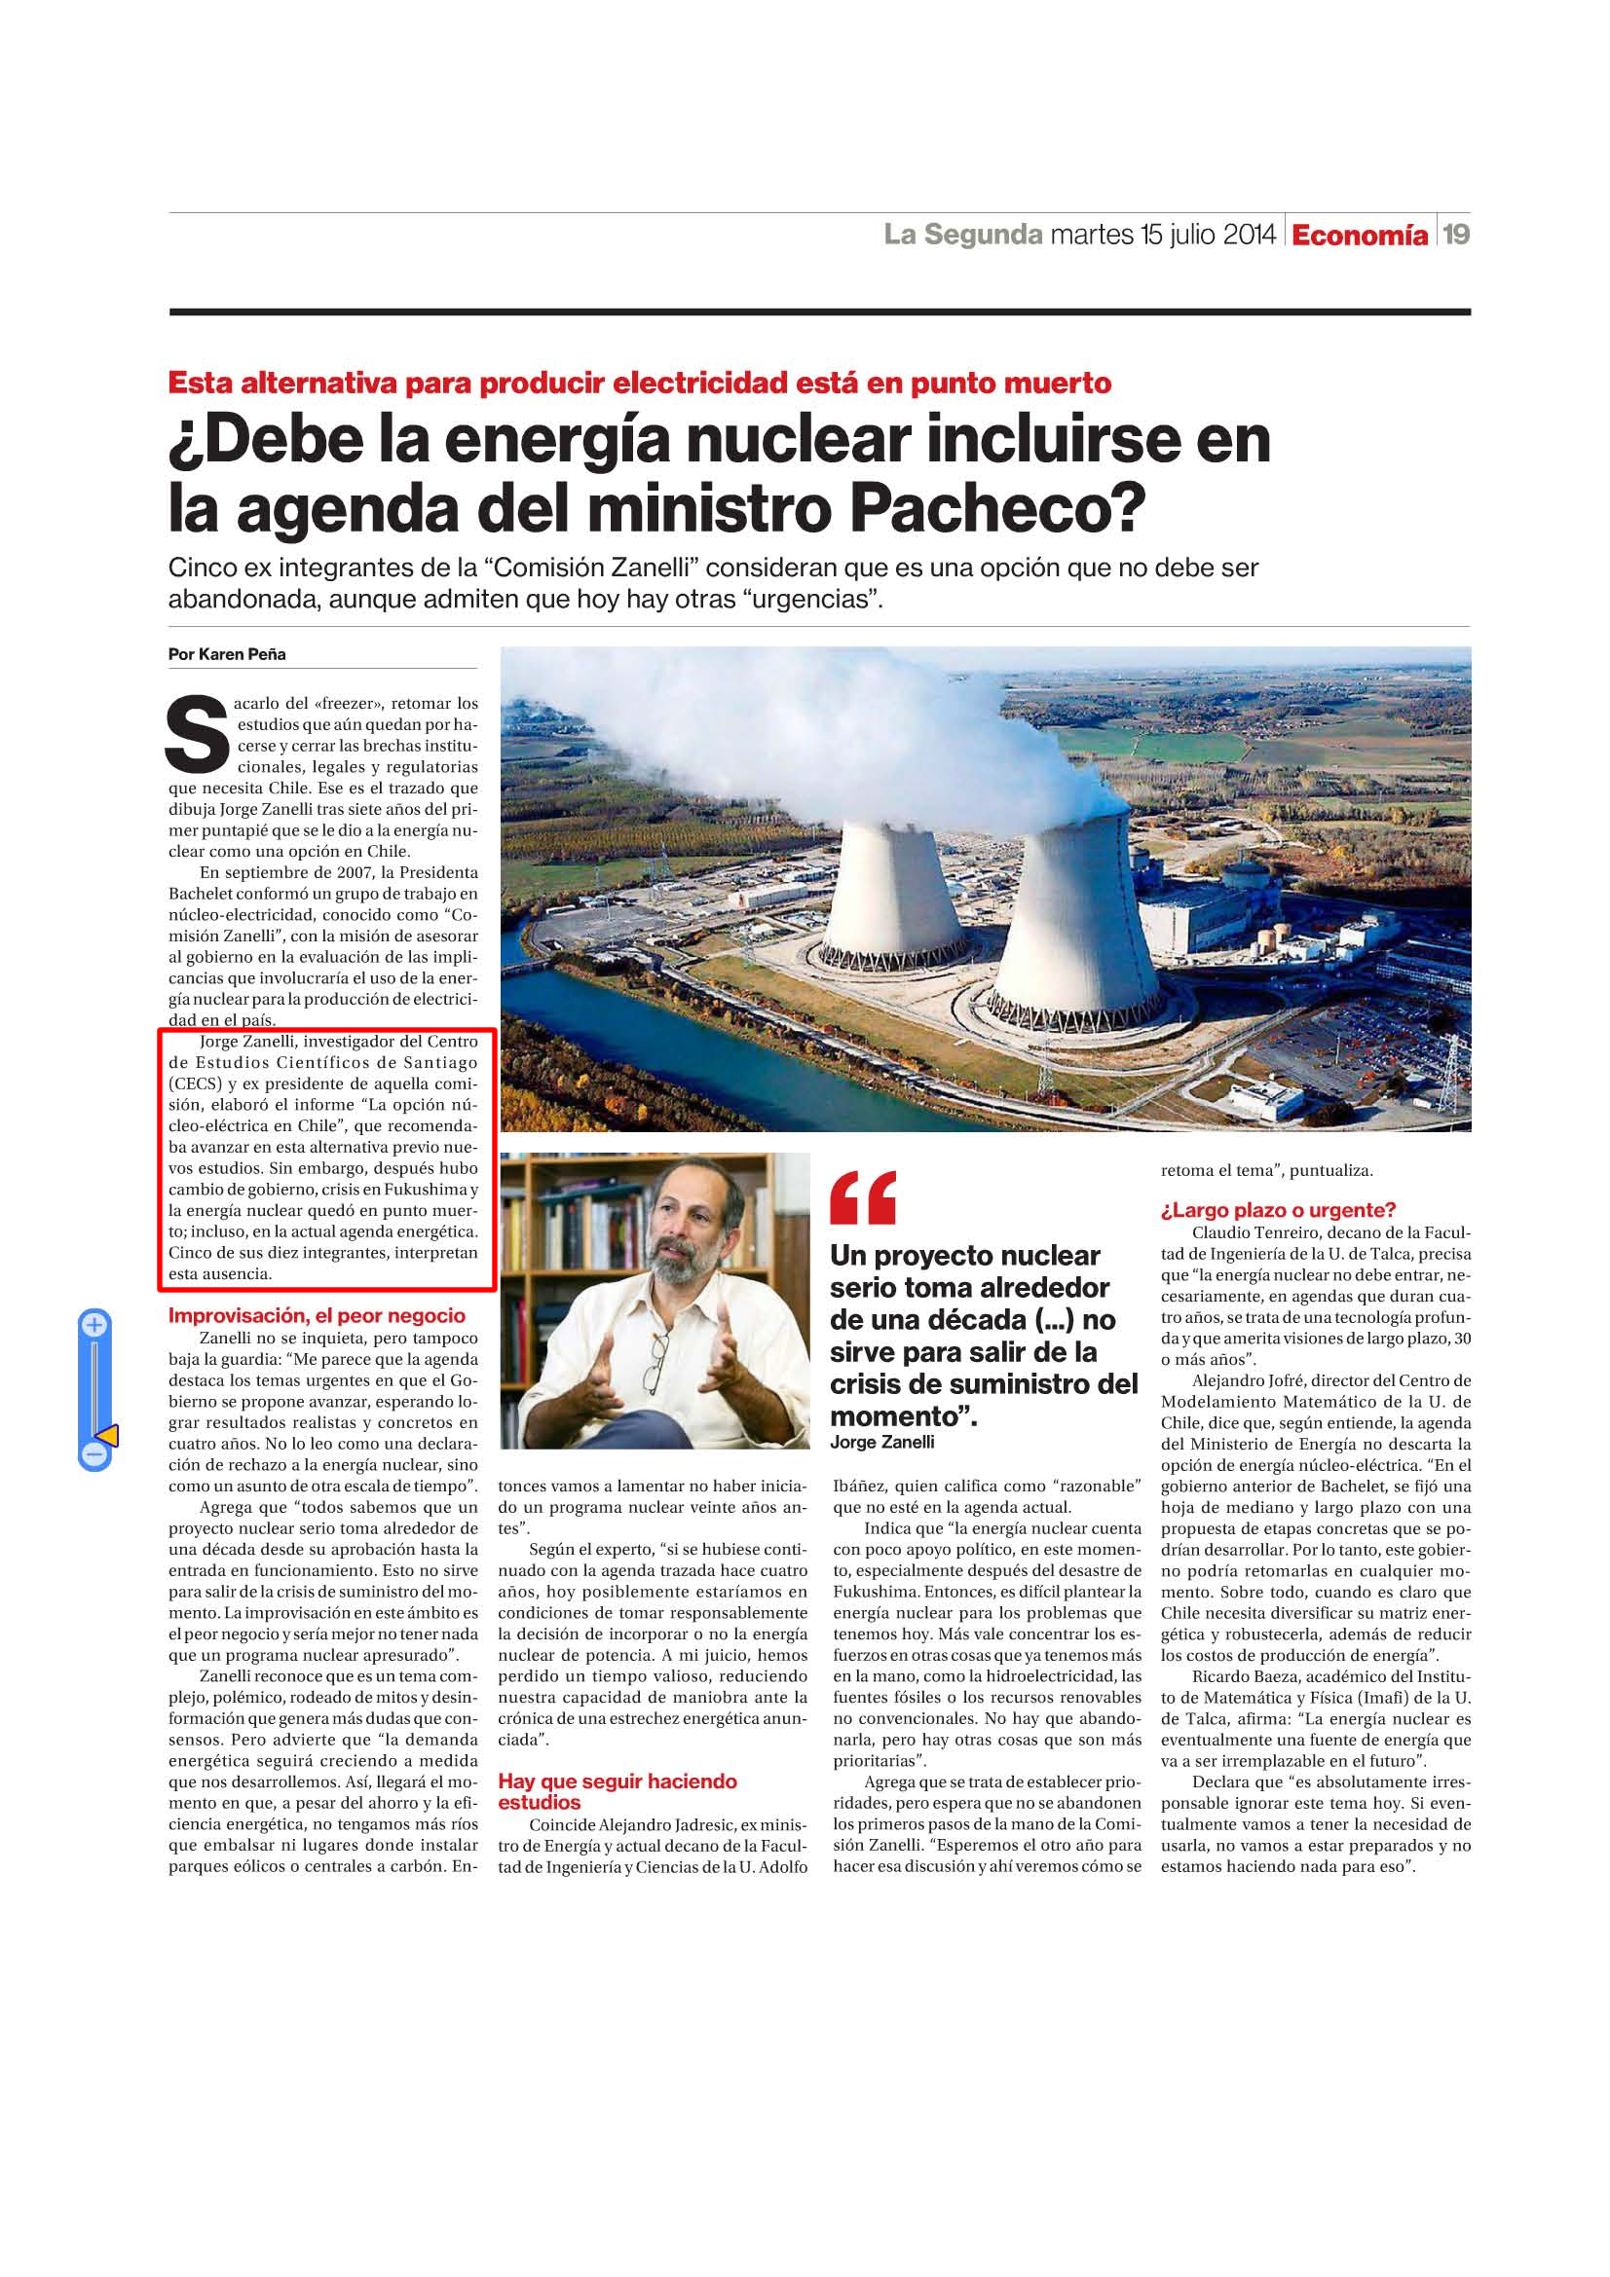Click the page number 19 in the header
(1455, 234)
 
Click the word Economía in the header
(1359, 235)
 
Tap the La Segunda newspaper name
(962, 234)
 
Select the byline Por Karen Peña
(227, 654)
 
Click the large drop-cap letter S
(198, 735)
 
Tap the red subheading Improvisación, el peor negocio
(317, 1316)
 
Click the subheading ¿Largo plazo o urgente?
(1278, 1210)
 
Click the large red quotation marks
(863, 1198)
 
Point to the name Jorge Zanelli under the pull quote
(881, 1442)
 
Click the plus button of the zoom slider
(94, 1324)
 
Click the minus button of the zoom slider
(94, 1454)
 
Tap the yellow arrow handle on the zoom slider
(107, 1435)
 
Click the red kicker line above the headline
(639, 383)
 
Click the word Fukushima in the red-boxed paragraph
(429, 1189)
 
